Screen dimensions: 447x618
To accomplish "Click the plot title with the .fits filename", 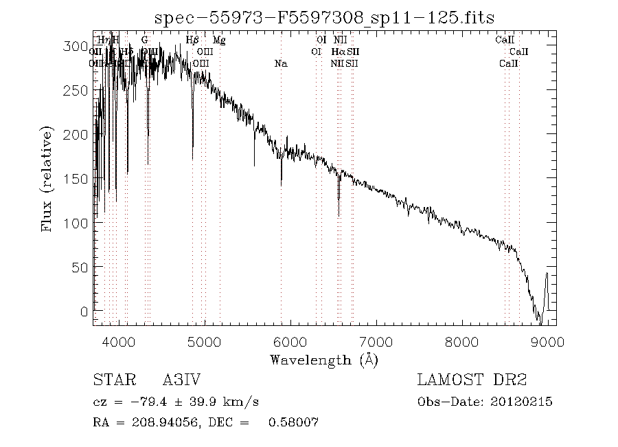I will [325, 17].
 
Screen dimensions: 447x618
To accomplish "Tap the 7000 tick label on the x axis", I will [376, 341].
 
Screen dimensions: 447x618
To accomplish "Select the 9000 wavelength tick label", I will [547, 341].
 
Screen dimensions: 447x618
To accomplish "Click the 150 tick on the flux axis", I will [78, 179].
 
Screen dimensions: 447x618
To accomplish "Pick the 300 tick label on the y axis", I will [78, 47].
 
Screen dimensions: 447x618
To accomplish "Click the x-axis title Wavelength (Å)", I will [324, 360].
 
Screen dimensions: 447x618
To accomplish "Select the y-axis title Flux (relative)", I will [47, 179].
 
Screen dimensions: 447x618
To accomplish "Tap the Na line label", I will [281, 64].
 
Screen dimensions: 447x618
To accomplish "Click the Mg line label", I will [219, 41].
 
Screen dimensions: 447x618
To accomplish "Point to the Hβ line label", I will [193, 41].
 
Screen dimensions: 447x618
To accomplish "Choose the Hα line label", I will [337, 52].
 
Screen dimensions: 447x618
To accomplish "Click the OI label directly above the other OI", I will [321, 41].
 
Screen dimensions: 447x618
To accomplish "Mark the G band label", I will [144, 41].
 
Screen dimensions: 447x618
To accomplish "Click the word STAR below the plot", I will [111, 380].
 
